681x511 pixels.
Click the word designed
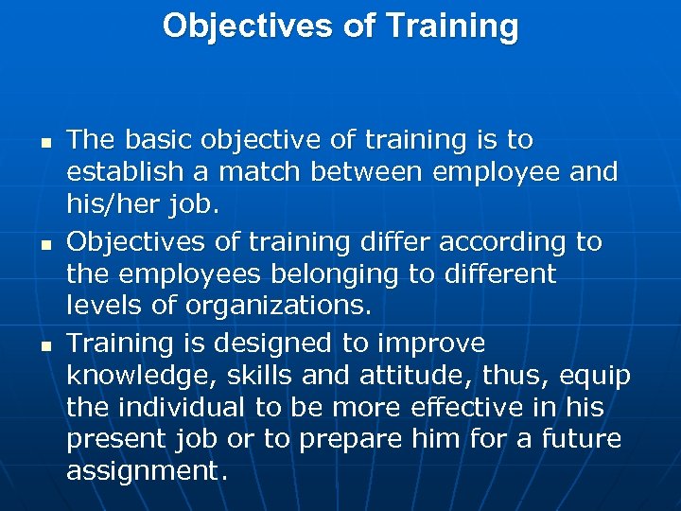point(260,344)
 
